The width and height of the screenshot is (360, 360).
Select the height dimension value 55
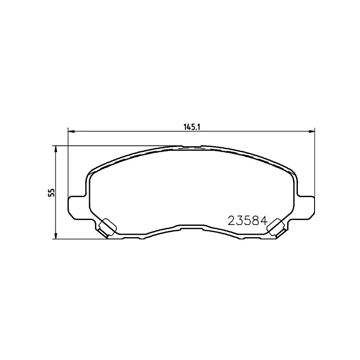click(52, 193)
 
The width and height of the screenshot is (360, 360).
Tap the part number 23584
click(248, 221)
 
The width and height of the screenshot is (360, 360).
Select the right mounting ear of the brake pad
click(306, 207)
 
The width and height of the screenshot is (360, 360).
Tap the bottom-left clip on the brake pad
click(107, 227)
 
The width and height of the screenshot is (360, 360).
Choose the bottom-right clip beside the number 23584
click(275, 227)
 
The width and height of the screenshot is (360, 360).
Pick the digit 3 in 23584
click(240, 221)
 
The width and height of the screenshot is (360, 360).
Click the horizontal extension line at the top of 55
click(117, 146)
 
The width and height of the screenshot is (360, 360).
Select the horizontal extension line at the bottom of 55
click(81, 239)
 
